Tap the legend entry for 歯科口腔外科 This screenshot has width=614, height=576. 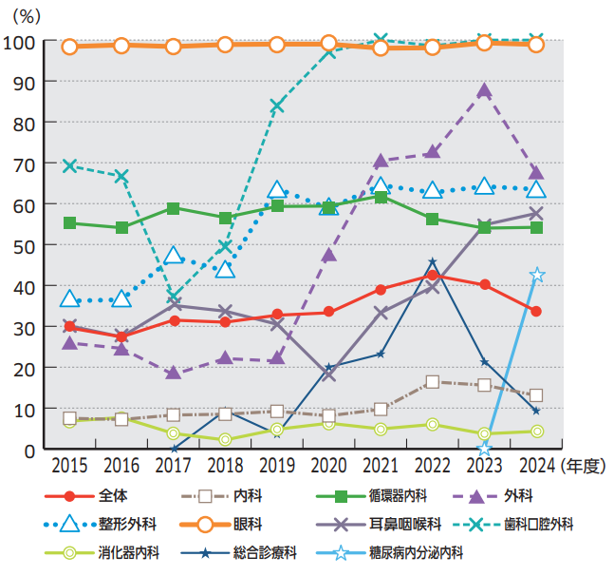[533, 524]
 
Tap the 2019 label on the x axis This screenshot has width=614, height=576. [276, 466]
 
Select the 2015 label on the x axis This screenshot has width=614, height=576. [68, 466]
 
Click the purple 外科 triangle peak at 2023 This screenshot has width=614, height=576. [485, 91]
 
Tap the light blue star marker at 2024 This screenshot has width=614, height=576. [537, 275]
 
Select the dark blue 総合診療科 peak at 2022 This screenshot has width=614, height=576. [433, 262]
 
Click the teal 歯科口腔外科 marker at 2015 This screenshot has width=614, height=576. [69, 165]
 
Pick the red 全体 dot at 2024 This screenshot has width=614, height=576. [536, 311]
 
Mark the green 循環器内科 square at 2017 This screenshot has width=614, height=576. [173, 208]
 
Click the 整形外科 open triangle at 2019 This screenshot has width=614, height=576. [277, 190]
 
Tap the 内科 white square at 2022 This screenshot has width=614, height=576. [433, 381]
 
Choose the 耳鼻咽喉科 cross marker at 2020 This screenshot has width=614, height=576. [328, 374]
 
